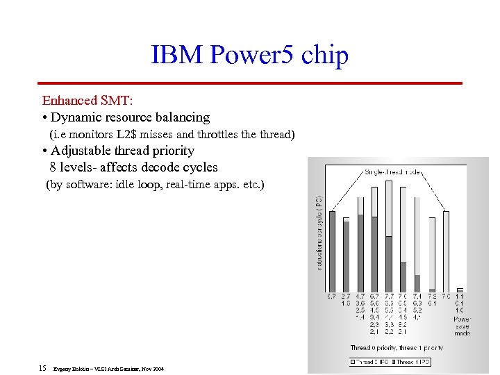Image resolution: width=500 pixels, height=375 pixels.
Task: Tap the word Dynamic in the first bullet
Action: point(77,117)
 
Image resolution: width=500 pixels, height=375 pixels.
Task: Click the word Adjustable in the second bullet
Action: point(83,151)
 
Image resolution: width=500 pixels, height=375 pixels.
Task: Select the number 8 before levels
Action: point(53,167)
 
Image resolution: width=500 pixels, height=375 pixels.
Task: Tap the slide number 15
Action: point(42,368)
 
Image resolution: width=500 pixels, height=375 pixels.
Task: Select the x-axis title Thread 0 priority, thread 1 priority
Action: point(396,348)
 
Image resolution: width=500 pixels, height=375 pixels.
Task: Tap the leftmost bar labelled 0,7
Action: point(331,251)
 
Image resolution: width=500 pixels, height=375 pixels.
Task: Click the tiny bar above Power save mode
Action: point(460,290)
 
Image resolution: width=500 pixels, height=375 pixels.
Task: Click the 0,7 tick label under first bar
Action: point(331,297)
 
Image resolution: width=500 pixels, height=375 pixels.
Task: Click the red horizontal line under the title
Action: point(250,83)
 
